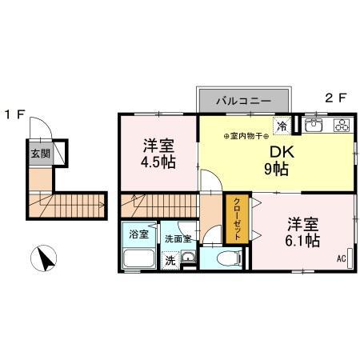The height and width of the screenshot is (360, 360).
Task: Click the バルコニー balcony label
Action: [x=245, y=102]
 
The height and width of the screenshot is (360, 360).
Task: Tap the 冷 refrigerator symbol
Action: [x=282, y=125]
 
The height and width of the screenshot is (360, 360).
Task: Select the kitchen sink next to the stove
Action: [x=313, y=125]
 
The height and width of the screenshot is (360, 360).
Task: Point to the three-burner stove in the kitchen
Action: [x=342, y=125]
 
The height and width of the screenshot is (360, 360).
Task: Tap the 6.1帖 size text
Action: [x=301, y=239]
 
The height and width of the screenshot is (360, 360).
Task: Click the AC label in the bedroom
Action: [x=340, y=258]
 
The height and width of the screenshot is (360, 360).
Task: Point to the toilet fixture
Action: [x=225, y=257]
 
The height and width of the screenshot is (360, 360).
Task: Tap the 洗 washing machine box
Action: [x=170, y=259]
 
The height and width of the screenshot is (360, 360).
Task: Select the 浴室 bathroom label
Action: [x=138, y=234]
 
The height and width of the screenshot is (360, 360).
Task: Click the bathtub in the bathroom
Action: [x=138, y=259]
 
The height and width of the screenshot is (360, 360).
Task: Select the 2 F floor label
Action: [x=334, y=99]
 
